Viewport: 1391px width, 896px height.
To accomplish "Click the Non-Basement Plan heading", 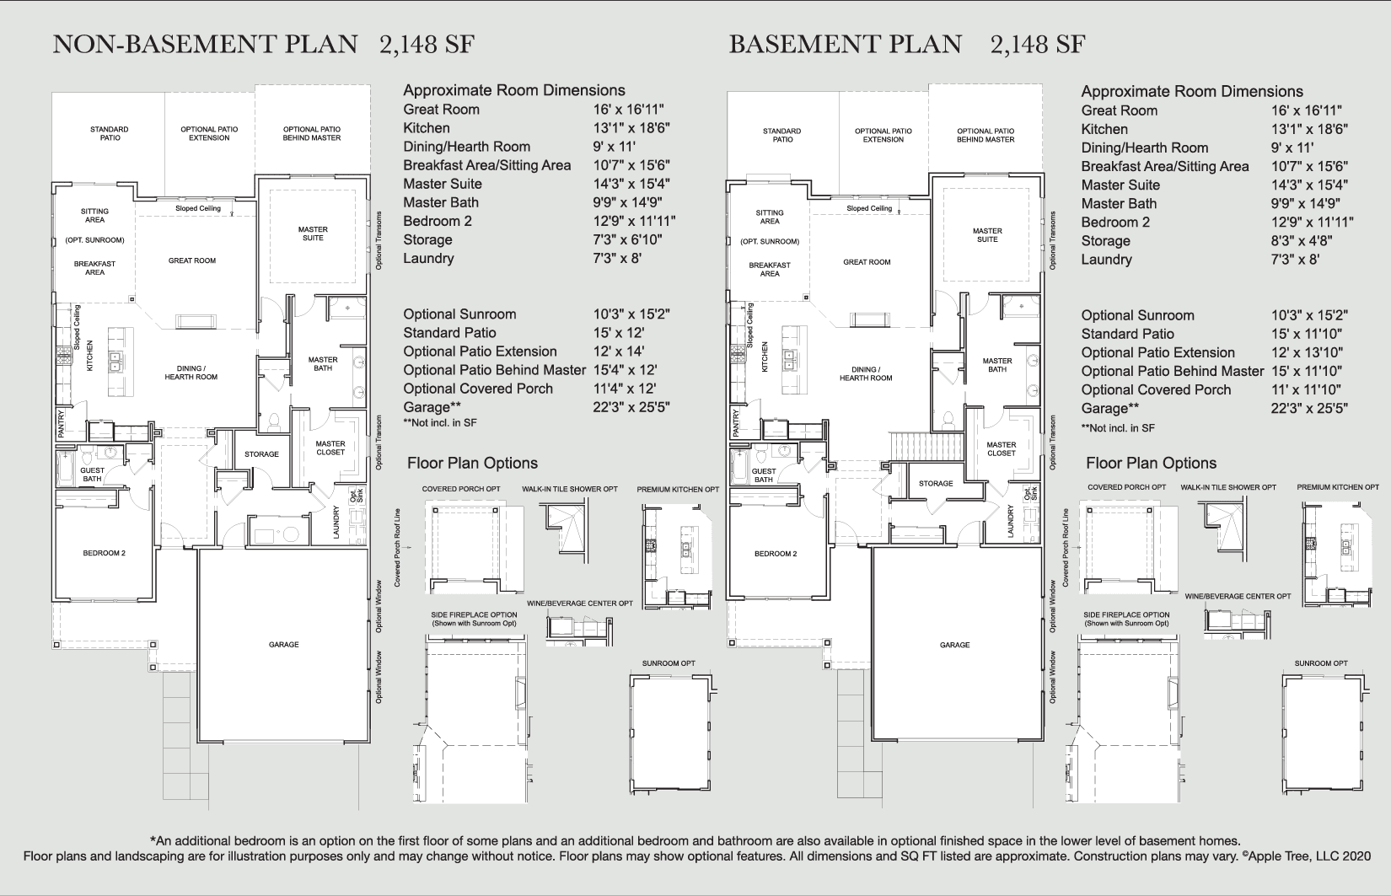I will point(205,44).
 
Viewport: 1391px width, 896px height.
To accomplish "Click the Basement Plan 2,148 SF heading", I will point(906,44).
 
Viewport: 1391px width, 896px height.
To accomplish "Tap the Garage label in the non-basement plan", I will point(284,645).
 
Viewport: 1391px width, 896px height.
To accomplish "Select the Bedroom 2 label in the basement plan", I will point(776,554).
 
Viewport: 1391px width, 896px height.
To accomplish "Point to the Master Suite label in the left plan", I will point(313,233).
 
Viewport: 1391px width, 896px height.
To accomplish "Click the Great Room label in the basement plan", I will point(867,262).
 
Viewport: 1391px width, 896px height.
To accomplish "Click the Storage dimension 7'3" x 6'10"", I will point(627,239).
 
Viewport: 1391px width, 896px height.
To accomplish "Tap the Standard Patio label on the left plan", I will point(110,133).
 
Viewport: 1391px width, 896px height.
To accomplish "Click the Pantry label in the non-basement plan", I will point(62,424).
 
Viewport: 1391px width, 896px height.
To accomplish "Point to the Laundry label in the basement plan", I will point(1011,521).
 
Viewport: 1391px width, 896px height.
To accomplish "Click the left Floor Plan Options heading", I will point(472,463).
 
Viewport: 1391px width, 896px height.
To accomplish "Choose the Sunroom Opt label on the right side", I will point(1321,663).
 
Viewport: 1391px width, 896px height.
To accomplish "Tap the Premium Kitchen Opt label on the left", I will point(678,489).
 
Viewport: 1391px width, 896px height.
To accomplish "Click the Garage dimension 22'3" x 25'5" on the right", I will point(1309,409).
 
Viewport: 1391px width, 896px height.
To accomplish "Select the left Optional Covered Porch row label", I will point(478,389).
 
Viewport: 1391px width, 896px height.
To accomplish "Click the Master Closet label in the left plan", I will point(330,448).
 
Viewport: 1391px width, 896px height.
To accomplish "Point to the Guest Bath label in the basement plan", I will point(764,475).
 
